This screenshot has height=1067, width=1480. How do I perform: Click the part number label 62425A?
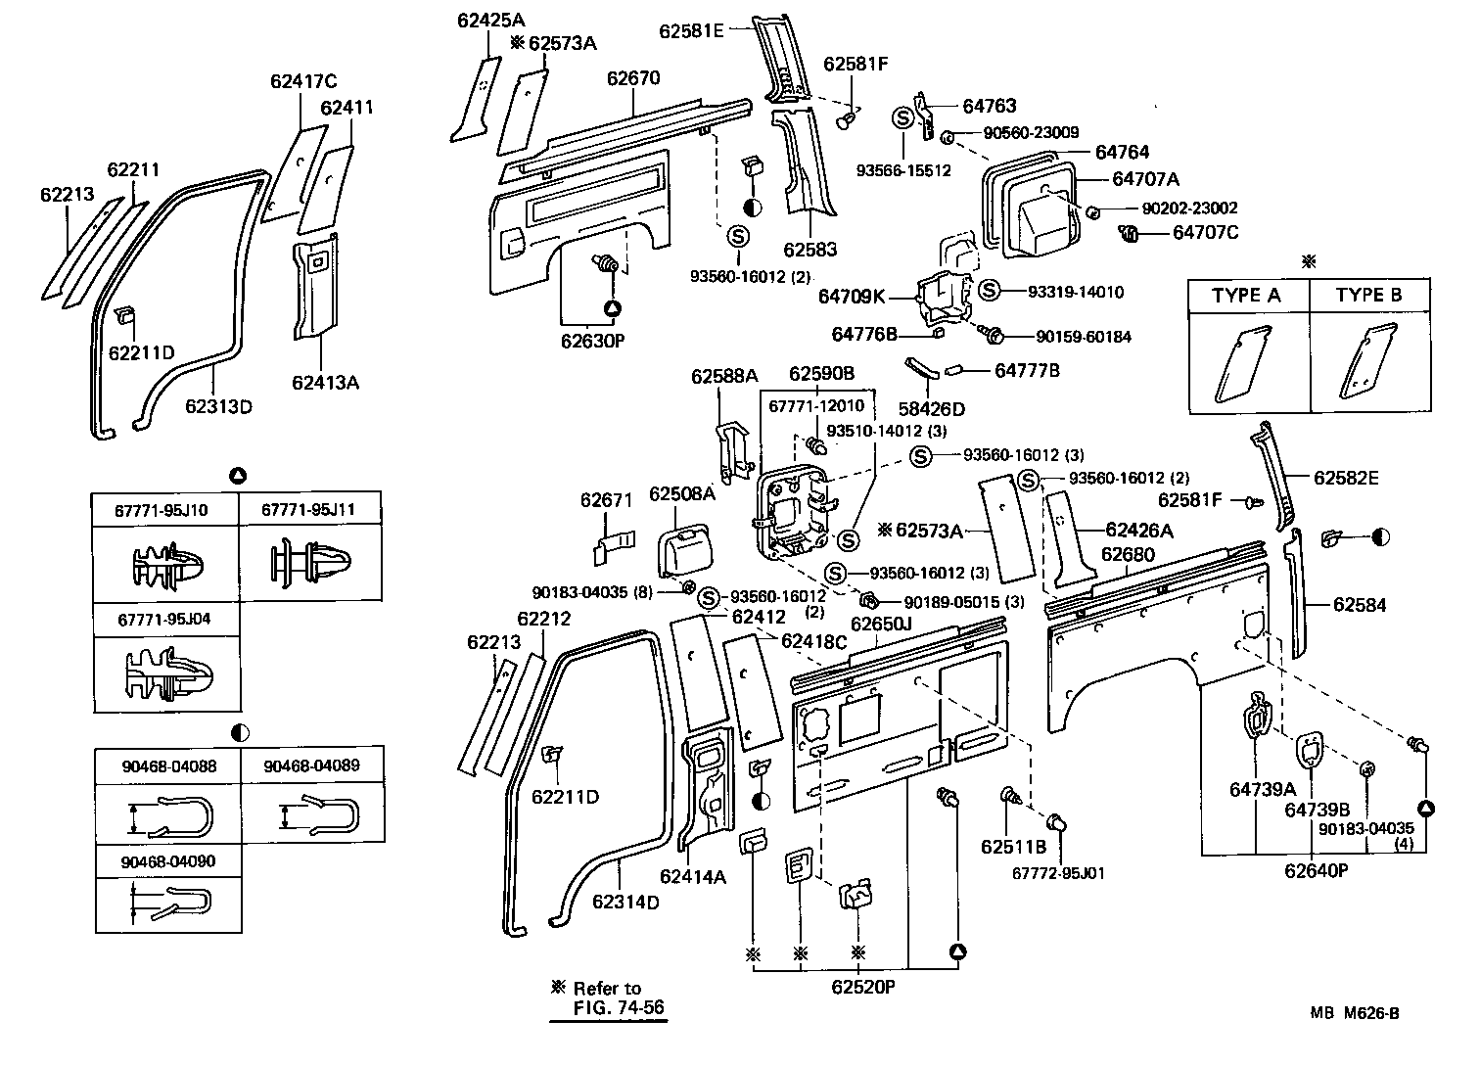490,20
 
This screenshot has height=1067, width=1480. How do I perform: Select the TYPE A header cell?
1246,296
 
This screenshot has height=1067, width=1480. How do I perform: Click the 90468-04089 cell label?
310,765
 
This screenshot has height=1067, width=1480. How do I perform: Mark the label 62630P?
593,341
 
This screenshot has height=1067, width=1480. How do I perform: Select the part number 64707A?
1145,179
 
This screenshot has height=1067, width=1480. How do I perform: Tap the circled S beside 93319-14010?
990,291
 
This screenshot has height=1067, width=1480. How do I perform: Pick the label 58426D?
932,408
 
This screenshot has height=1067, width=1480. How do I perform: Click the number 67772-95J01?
1059,872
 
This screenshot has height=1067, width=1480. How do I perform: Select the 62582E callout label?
1346,478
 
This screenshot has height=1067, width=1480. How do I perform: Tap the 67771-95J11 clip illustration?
310,565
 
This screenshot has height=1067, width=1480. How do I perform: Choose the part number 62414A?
693,877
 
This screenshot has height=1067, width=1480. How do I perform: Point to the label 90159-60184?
1084,337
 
